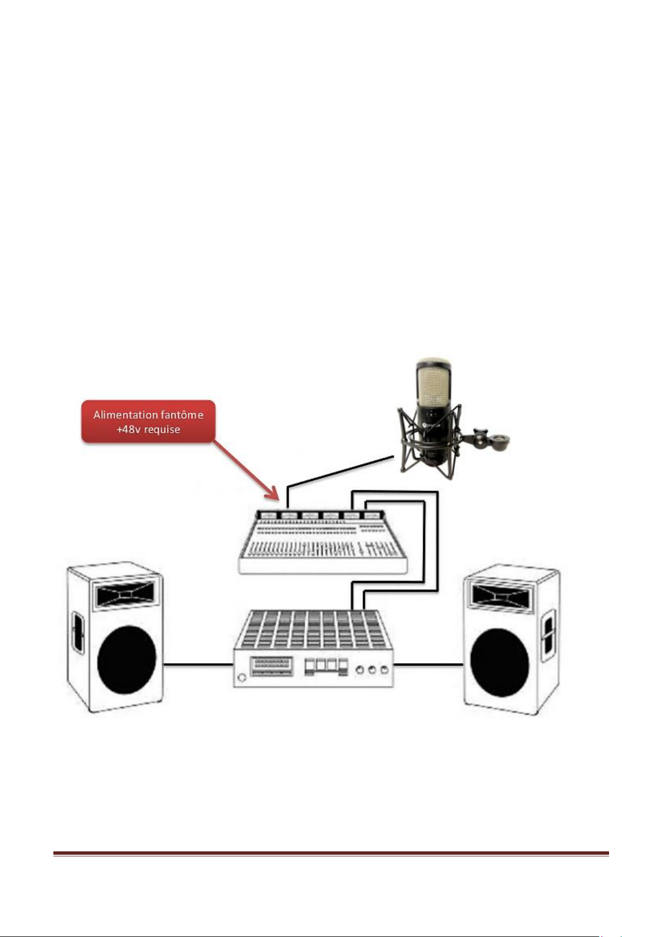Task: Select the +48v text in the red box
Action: tap(128, 429)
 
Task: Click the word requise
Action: tap(162, 429)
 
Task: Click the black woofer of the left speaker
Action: tap(127, 660)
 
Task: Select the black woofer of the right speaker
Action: tap(499, 662)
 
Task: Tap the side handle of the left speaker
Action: tap(76, 634)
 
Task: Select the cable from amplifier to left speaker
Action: tap(197, 663)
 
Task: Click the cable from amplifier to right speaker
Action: tap(428, 663)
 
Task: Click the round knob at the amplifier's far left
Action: tap(241, 677)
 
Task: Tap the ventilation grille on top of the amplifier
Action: tap(311, 628)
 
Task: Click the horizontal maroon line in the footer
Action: tap(331, 853)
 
